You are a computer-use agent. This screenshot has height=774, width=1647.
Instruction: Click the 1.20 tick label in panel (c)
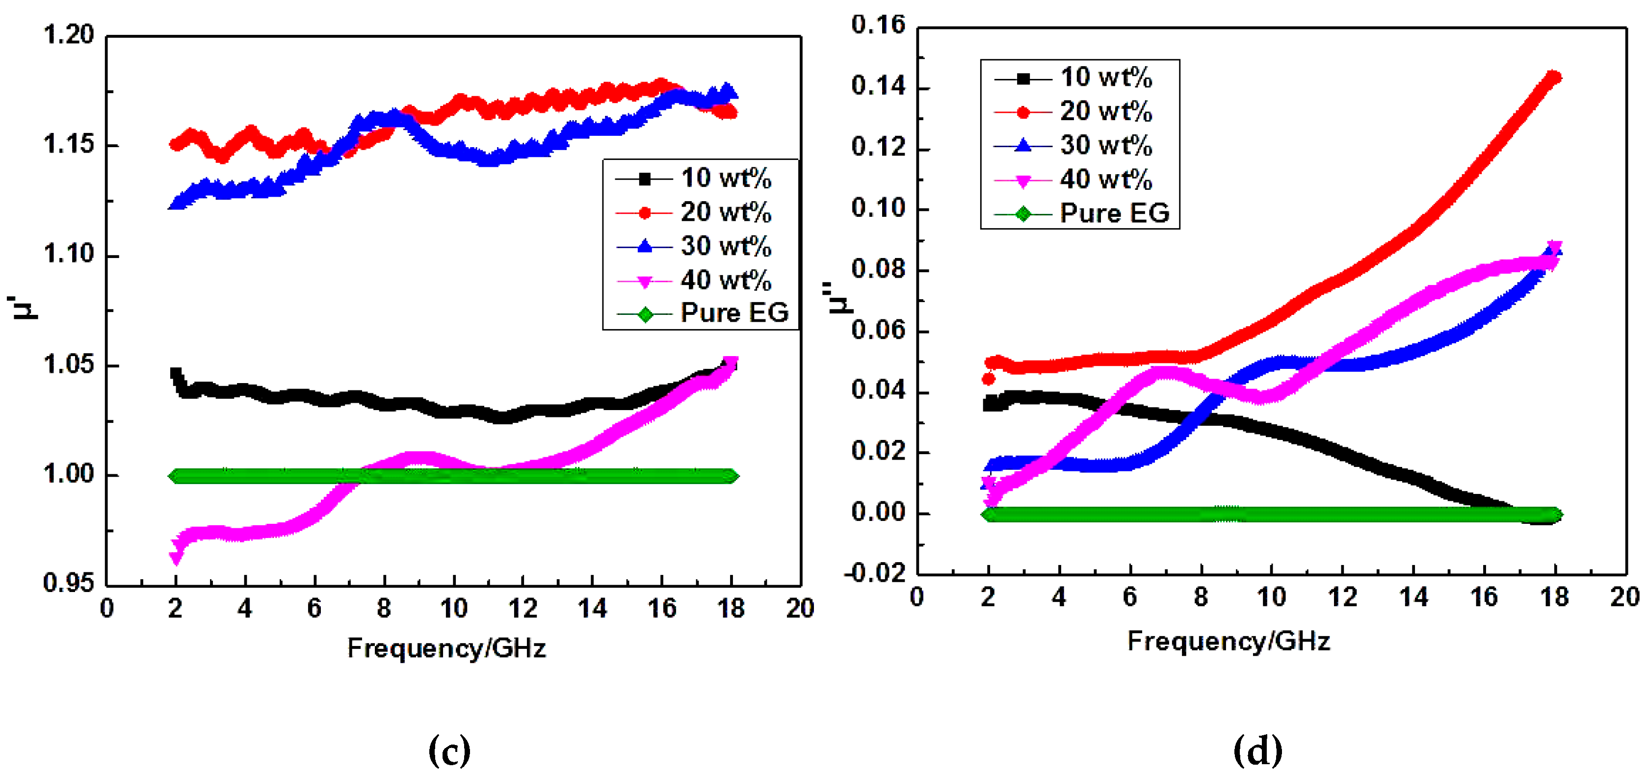coord(68,35)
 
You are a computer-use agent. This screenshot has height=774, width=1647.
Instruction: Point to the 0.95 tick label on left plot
coord(68,583)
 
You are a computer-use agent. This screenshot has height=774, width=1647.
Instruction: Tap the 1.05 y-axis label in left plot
coord(68,365)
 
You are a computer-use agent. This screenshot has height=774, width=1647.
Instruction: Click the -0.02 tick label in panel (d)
coord(875,573)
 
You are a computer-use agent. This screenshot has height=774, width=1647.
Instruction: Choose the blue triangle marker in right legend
coord(1023,146)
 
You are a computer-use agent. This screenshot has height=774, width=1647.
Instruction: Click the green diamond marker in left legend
coord(645,314)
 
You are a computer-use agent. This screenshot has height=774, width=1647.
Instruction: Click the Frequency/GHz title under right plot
coord(1228,641)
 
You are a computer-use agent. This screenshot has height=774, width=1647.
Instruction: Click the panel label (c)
coord(449,750)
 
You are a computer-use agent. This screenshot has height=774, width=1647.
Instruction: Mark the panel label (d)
coord(1257,750)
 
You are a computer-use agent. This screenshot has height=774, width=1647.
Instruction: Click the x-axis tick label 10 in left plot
coord(453,609)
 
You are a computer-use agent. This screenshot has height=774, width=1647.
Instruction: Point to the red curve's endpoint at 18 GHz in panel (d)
coord(1554,77)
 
